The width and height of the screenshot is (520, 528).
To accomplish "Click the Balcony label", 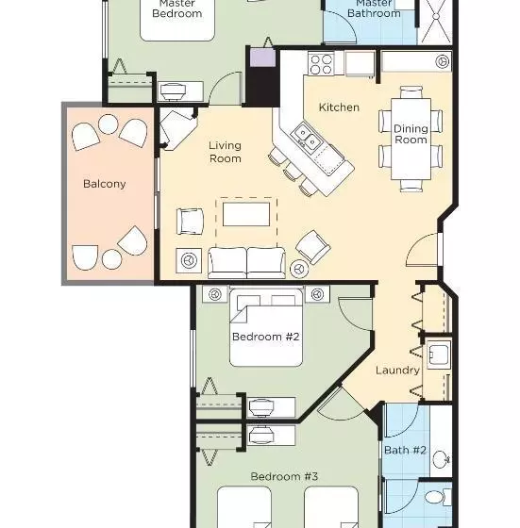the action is tap(105, 184).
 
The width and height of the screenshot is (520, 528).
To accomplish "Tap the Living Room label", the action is tap(226, 152).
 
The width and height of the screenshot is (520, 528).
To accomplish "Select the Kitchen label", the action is tap(339, 107).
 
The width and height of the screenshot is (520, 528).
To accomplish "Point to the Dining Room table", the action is tap(411, 139).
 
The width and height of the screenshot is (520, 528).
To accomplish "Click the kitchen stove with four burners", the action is tap(321, 64).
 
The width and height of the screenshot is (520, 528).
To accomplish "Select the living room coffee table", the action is tap(246, 214).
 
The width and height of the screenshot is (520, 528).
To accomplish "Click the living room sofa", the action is tap(246, 263).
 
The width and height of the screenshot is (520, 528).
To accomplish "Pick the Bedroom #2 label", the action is tap(266, 337).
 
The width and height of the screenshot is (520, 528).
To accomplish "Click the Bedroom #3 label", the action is tap(284, 476).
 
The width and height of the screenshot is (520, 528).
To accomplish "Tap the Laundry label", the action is tap(397, 371).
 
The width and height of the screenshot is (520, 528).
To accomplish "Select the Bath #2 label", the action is tap(405, 451).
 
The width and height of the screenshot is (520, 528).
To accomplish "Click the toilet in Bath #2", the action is tap(438, 498).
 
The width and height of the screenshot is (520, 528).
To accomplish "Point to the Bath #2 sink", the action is tap(442, 459).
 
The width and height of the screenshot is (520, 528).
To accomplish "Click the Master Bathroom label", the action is tap(374, 8).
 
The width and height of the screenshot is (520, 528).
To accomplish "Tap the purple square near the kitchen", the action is tap(263, 58).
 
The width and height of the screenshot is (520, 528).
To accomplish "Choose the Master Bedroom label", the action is tap(177, 8).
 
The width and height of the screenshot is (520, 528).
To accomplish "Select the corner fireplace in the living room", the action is tap(176, 129).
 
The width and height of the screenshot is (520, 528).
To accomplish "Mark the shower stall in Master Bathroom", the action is tap(435, 21).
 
